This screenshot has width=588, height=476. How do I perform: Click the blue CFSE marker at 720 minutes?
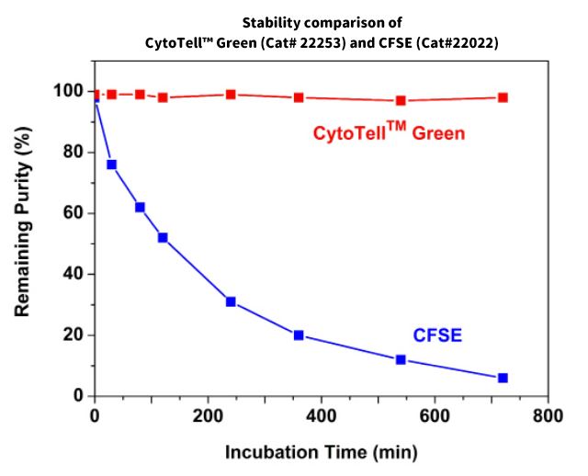coord(503,378)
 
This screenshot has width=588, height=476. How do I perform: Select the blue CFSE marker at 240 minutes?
coord(231,301)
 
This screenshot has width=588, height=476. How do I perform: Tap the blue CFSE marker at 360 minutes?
coord(299,335)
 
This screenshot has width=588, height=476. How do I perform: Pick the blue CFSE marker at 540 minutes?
coord(401,359)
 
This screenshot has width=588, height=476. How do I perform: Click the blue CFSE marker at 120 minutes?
coord(163,238)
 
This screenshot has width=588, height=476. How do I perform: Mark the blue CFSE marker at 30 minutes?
coord(111,164)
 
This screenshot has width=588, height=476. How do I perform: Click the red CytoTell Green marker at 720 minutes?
coord(503,97)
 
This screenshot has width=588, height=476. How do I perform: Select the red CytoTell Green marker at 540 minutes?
coord(401,100)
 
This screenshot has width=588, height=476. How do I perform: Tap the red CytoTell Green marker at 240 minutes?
coord(231,95)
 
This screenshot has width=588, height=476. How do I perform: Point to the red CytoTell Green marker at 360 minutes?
coord(299,97)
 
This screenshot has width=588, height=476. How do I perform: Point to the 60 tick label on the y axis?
coord(74,213)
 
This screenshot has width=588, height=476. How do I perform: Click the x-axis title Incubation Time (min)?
coord(322,452)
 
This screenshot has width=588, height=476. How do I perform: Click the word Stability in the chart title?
coord(274,21)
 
